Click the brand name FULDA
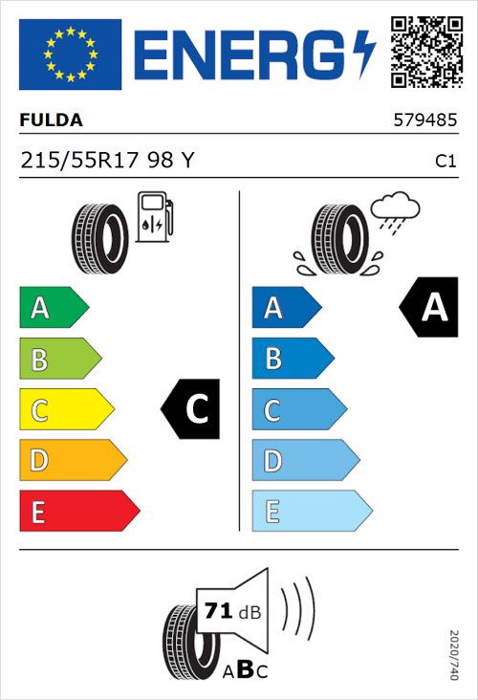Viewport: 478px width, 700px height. click(52, 120)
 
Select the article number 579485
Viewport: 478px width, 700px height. click(424, 121)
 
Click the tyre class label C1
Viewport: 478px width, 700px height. click(445, 162)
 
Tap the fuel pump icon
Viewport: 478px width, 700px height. click(154, 217)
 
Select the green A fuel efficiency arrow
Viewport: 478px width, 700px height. click(53, 308)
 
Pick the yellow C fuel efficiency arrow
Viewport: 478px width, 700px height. click(65, 410)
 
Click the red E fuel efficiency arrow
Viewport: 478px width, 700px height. click(78, 512)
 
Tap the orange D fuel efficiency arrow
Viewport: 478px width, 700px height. click(72, 461)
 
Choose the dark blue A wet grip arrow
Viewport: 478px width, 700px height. click(286, 308)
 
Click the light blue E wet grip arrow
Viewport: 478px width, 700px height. click(311, 512)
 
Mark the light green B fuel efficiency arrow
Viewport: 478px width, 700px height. click(59, 360)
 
